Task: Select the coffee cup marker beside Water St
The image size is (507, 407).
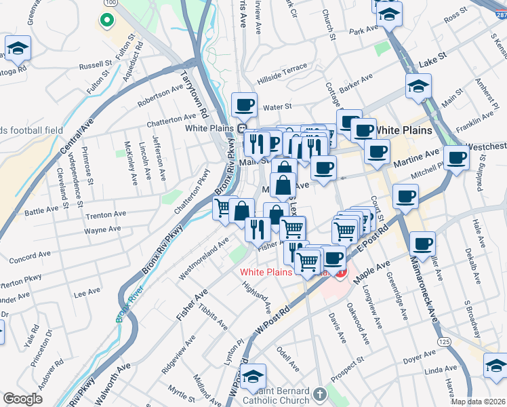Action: point(244,105)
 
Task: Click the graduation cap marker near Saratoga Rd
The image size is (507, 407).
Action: point(18,48)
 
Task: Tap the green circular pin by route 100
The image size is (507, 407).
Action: point(106,20)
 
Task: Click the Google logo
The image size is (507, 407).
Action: point(23,399)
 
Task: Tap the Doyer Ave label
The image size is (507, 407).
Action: point(419,357)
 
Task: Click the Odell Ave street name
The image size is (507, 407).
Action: point(287,360)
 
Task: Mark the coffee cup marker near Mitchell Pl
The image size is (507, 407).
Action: point(458,158)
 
